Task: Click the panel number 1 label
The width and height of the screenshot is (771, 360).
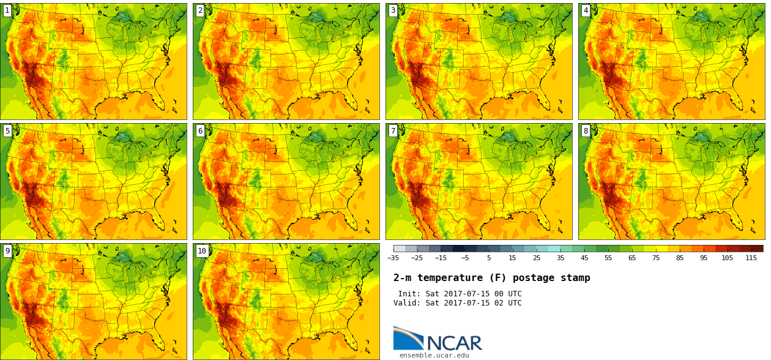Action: (7, 10)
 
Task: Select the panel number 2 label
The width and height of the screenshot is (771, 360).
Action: (200, 10)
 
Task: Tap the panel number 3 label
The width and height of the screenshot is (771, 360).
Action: (393, 10)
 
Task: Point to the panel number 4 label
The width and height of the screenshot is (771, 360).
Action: (586, 10)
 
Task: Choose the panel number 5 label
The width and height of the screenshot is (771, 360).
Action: (7, 130)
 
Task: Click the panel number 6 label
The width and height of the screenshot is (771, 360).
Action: (200, 130)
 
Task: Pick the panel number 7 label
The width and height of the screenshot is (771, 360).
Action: (393, 130)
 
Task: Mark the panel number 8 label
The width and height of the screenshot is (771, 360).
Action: (586, 130)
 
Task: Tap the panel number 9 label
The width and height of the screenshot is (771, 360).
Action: (7, 250)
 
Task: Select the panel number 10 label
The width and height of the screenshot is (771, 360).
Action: (202, 250)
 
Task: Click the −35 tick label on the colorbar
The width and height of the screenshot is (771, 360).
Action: (393, 258)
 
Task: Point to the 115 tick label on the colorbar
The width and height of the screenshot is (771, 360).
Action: (751, 258)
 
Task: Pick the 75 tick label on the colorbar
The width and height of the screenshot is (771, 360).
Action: (655, 258)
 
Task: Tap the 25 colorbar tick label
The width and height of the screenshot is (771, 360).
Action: (536, 258)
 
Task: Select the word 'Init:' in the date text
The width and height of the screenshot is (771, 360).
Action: (409, 294)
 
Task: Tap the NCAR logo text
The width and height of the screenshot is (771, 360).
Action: (454, 343)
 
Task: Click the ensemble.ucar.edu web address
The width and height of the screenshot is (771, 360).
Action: (434, 355)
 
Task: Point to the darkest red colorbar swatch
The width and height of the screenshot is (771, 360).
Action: (757, 249)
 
